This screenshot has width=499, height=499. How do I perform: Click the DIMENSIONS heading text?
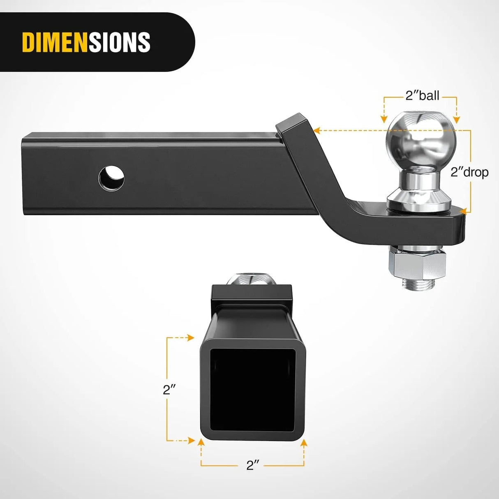point(86,42)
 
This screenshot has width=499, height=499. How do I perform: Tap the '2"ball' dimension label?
point(422,95)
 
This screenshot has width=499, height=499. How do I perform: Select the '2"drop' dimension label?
point(469,172)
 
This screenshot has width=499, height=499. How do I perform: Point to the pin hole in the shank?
point(112,178)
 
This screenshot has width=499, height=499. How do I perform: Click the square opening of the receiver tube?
point(252,389)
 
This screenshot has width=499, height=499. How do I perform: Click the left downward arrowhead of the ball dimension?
point(384,120)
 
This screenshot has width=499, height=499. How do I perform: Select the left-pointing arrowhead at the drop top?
point(316,131)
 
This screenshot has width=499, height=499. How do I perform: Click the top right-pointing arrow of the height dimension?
point(190,337)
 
